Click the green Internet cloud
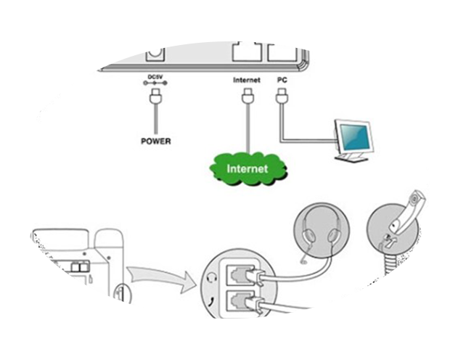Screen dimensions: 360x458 [247, 168]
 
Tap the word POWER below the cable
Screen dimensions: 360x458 [155, 141]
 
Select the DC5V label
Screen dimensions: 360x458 [155, 77]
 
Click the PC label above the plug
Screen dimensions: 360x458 [282, 79]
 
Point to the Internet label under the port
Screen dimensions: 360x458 [247, 79]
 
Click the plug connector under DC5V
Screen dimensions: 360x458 [155, 94]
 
